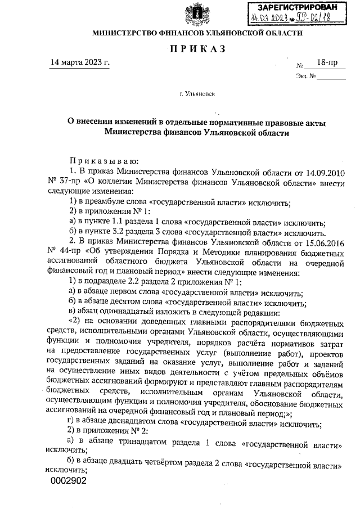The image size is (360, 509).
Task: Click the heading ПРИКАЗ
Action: [x=196, y=49]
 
